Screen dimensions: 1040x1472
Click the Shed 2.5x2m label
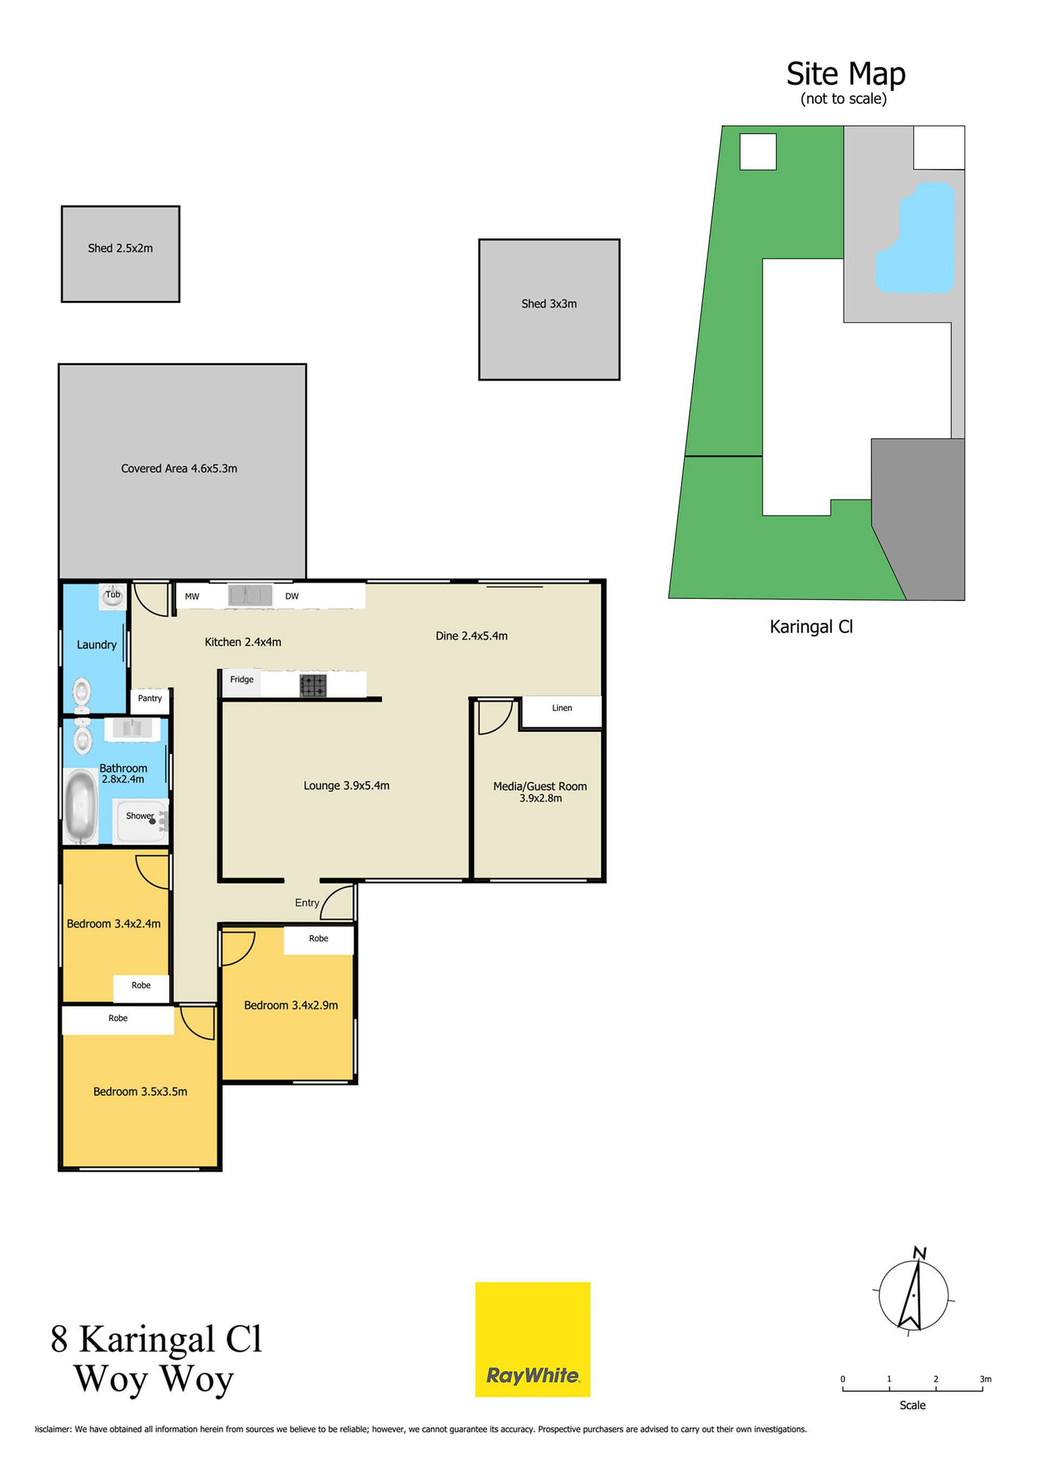121,248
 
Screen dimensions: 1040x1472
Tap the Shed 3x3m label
549,304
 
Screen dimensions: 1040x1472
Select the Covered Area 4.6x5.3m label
179,468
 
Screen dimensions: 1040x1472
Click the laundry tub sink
113,596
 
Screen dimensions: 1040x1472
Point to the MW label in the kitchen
192,596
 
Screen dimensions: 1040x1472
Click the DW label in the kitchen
292,596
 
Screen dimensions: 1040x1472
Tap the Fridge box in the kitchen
242,683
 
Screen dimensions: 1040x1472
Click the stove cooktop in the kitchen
313,685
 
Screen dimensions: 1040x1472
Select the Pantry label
150,698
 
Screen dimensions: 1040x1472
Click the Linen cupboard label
562,708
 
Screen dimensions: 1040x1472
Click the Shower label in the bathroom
140,816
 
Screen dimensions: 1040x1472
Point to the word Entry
307,903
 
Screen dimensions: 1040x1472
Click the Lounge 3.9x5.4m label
346,785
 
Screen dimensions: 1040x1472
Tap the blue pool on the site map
915,238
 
